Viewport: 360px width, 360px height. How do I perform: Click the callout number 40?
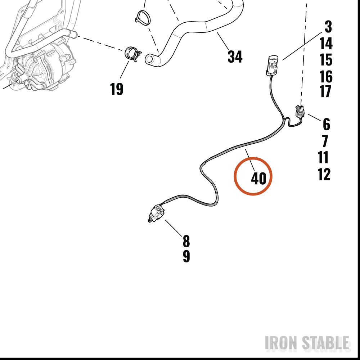pos(258,179)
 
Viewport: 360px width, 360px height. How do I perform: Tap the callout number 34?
pos(235,57)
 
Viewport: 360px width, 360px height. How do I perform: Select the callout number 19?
pos(117,89)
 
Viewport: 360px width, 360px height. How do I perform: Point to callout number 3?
pos(328,26)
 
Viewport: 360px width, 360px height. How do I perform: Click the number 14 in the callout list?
pos(326,43)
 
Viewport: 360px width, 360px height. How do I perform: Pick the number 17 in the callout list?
pos(325,91)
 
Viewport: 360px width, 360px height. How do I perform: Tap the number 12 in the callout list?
pos(324,174)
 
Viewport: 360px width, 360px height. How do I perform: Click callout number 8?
pos(186,241)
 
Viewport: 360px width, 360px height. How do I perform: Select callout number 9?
pos(186,256)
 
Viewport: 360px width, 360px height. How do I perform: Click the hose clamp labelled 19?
pos(132,54)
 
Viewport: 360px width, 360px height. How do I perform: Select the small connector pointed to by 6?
pos(300,111)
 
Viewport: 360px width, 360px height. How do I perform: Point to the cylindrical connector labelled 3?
pos(272,65)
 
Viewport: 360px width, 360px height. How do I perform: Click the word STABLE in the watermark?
pos(325,343)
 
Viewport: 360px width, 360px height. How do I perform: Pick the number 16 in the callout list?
pos(326,76)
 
